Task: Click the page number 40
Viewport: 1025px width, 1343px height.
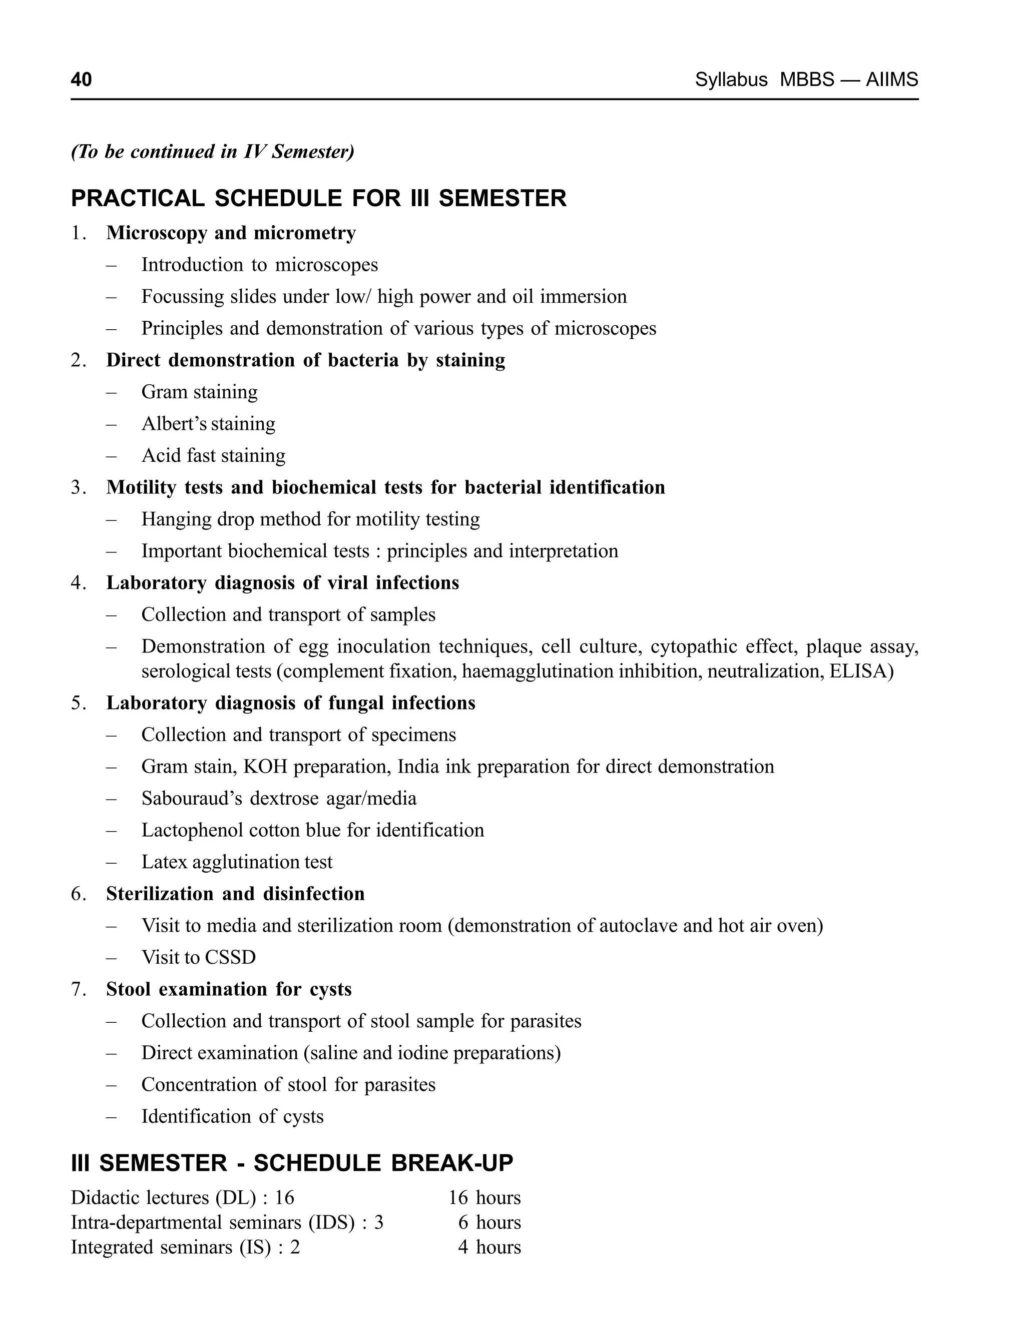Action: click(x=81, y=80)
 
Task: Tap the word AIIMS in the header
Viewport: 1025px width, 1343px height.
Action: click(x=891, y=80)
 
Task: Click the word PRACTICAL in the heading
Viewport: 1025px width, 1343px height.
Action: click(x=137, y=199)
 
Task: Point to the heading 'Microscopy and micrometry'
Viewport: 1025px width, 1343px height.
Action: click(x=231, y=233)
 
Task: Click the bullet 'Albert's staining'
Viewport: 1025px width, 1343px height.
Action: click(x=208, y=424)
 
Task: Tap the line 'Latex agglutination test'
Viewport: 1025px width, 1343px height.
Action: click(x=237, y=862)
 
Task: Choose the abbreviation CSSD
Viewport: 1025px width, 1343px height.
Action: click(x=230, y=958)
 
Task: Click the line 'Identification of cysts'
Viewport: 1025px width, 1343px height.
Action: click(x=232, y=1116)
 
